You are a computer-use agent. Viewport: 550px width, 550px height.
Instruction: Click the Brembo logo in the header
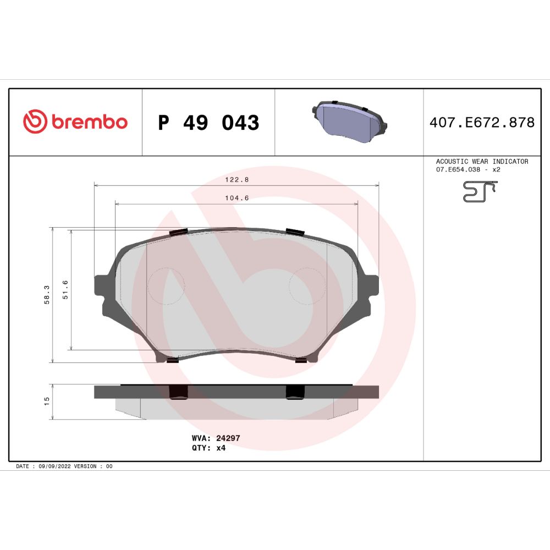(x=75, y=122)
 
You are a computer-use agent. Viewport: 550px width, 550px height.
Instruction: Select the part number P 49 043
(x=208, y=123)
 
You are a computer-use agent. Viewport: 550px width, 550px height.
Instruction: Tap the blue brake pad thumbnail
(x=349, y=122)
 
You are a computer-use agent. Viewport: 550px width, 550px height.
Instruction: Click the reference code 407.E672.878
(x=482, y=123)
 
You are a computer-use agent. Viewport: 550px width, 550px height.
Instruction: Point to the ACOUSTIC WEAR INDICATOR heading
(x=482, y=161)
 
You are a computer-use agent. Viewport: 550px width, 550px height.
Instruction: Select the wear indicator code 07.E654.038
(x=458, y=169)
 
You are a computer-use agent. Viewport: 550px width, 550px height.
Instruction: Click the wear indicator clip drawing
(x=480, y=191)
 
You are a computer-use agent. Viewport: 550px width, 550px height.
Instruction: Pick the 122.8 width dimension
(x=237, y=180)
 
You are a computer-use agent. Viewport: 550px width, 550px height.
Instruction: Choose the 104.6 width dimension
(x=237, y=198)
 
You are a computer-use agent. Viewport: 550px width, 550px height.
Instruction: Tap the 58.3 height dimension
(x=47, y=295)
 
